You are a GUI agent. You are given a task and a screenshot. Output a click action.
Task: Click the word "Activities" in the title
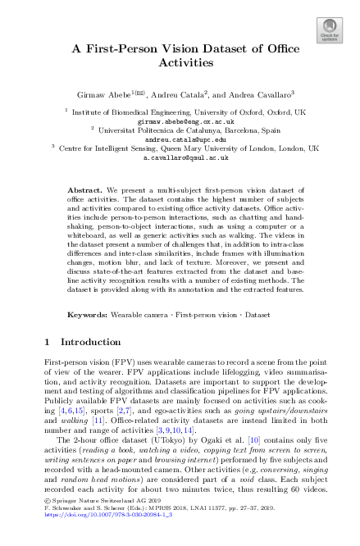(180, 61)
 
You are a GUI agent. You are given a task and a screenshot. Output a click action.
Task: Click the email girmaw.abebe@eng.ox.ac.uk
(180, 120)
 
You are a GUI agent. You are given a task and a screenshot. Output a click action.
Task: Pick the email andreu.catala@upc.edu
(180, 139)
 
